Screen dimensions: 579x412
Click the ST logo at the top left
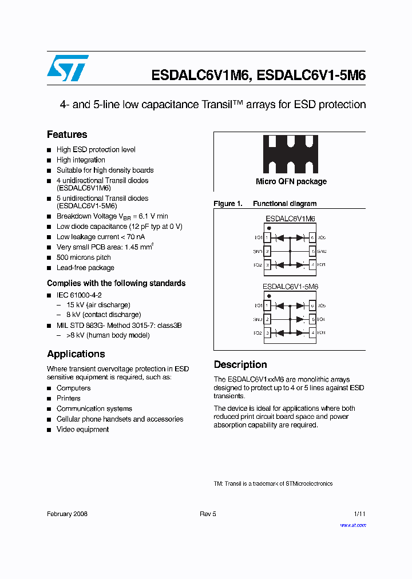point(68,68)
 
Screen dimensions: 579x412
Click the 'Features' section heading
point(67,134)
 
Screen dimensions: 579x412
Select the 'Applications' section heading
point(76,354)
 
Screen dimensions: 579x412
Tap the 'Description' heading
point(240,364)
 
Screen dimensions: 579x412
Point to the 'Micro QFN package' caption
point(291,181)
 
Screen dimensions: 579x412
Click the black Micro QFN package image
point(290,154)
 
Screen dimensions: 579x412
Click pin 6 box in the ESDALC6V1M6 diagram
point(312,237)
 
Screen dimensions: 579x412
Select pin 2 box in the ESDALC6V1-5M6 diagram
point(267,319)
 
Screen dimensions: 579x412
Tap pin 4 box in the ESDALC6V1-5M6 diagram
point(312,332)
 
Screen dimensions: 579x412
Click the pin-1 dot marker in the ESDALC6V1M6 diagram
point(268,228)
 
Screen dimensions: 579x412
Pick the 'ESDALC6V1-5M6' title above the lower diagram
point(290,287)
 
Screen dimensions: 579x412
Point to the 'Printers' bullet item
point(68,398)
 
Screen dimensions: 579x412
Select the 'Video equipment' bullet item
point(82,429)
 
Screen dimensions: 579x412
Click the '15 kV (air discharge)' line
point(98,305)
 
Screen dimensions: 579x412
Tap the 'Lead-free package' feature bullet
point(85,268)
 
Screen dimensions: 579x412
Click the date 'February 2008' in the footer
point(67,514)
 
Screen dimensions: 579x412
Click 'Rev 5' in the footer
point(208,514)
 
